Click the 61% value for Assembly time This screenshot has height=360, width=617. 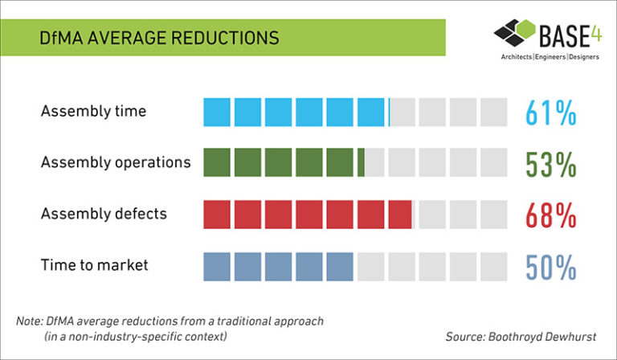click(551, 112)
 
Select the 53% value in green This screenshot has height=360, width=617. click(551, 163)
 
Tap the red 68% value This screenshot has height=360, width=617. click(551, 215)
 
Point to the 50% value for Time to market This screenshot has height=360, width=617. click(551, 266)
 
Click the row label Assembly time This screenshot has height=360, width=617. click(93, 111)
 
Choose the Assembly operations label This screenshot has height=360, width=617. click(116, 162)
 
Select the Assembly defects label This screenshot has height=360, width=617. click(104, 214)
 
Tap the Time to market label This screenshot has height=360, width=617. click(95, 265)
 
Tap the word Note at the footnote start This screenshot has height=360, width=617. click(29, 321)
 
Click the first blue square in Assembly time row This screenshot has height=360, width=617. click(217, 112)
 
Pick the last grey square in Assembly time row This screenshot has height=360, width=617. click(493, 112)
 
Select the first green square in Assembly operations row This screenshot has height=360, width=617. click(217, 163)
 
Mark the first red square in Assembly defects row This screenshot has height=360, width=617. click(217, 215)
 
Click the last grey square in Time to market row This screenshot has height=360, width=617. click(493, 266)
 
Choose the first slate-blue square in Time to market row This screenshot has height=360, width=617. click(217, 266)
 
